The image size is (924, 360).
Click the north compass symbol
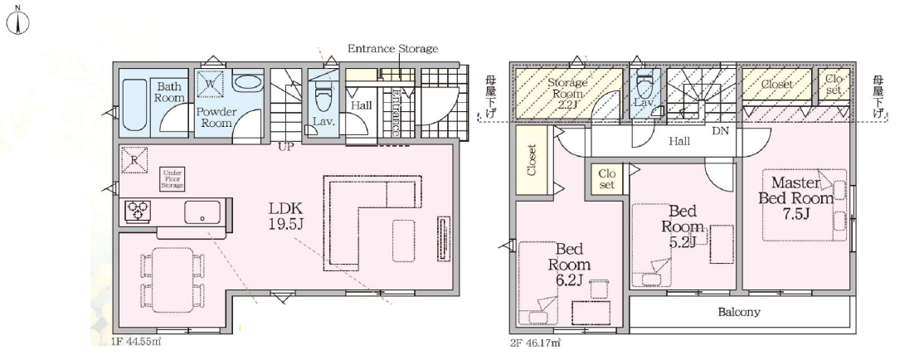click(18, 22)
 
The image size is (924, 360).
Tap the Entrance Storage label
click(392, 48)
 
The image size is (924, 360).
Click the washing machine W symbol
click(209, 84)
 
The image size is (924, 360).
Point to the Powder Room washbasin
click(248, 82)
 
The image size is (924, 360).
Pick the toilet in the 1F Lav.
click(323, 97)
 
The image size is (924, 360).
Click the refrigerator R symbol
click(134, 159)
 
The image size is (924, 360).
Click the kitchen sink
click(202, 212)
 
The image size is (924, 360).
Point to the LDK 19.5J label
click(286, 216)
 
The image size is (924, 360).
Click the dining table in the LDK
click(173, 280)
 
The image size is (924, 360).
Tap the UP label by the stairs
click(286, 148)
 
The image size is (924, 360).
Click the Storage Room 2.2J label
click(568, 93)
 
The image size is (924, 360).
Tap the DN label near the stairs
click(721, 131)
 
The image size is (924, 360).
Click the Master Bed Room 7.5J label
click(795, 197)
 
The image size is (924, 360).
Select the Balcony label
click(739, 312)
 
